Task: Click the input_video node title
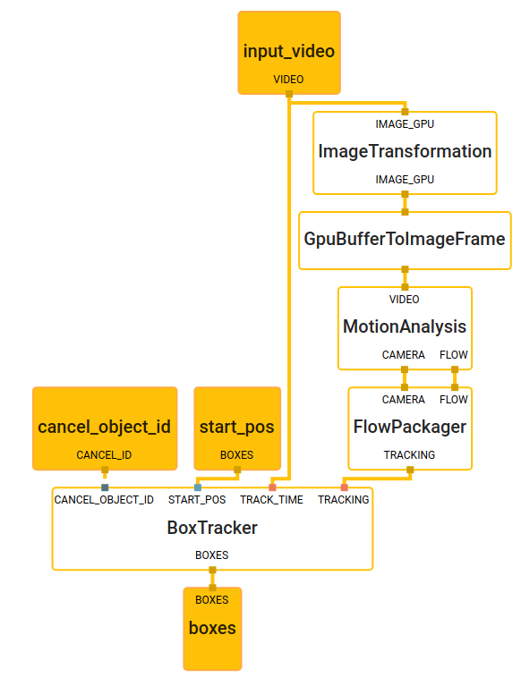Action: (x=289, y=51)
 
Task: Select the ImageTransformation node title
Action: (x=405, y=151)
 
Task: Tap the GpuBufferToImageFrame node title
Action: (x=405, y=240)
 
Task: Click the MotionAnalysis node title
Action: (x=405, y=326)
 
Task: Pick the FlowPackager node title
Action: (x=410, y=427)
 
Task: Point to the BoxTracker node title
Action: (x=212, y=528)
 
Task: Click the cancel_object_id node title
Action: (x=104, y=427)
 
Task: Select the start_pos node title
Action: (x=237, y=427)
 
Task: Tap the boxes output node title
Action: (x=212, y=628)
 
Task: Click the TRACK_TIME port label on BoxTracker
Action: (x=271, y=500)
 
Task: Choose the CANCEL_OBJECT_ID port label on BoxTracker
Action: (x=104, y=500)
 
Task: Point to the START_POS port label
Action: (x=197, y=500)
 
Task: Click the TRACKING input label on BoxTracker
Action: (x=344, y=500)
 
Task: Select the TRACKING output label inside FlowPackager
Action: (x=410, y=455)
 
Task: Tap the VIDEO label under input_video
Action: (x=288, y=80)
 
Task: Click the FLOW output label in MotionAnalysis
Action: (x=454, y=355)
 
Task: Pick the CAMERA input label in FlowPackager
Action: (x=404, y=400)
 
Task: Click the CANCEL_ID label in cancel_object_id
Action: (x=104, y=455)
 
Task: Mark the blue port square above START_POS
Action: (x=198, y=487)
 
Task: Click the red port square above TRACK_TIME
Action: (x=272, y=487)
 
